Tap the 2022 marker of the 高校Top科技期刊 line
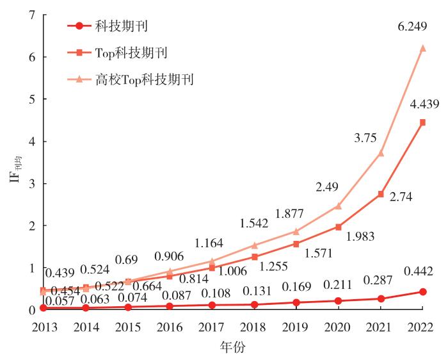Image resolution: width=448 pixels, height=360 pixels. [423, 48]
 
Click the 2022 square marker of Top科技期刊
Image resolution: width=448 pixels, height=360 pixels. [423, 122]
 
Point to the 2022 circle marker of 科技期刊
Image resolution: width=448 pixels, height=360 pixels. [423, 291]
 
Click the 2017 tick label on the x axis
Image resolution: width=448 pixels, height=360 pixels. [211, 327]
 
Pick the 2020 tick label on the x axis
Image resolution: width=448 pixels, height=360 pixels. [339, 327]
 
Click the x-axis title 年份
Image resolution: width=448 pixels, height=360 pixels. [233, 348]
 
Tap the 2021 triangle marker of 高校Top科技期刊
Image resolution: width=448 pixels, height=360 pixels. [381, 153]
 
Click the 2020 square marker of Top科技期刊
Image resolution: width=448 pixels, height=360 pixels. [339, 227]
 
